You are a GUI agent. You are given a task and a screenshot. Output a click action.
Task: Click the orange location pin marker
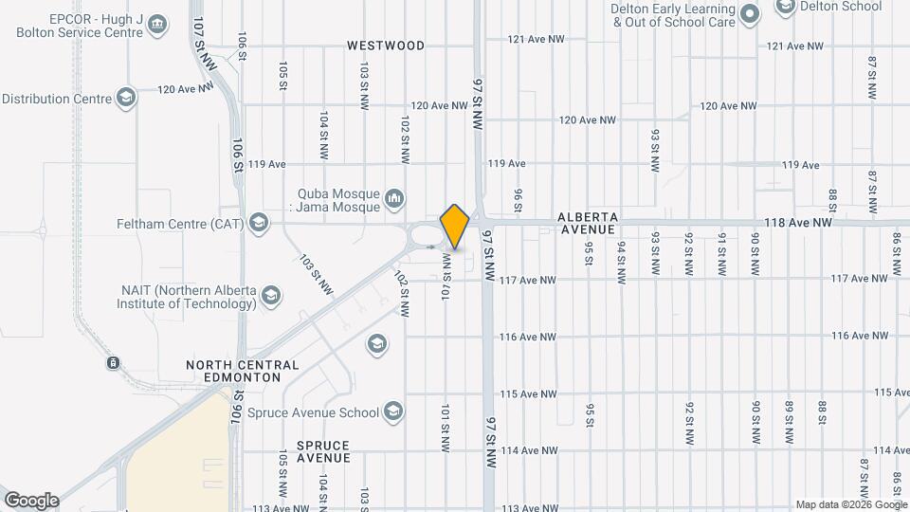[x=455, y=226]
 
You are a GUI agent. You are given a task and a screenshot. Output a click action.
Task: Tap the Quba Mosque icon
[x=394, y=199]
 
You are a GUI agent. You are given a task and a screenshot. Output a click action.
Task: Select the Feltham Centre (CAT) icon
[x=258, y=224]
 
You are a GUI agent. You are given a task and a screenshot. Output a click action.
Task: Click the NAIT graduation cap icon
[x=271, y=297]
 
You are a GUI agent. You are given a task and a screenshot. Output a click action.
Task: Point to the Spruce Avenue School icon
[x=393, y=411]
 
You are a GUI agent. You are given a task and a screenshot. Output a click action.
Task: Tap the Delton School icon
[x=785, y=7]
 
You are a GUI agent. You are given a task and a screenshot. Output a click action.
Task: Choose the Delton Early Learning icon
[x=750, y=13]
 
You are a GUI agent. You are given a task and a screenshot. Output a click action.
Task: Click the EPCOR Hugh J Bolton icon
[x=157, y=24]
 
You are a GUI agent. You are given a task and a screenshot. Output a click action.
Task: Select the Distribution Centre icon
[x=125, y=98]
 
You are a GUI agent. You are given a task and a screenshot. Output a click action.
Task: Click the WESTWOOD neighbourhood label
[x=386, y=45]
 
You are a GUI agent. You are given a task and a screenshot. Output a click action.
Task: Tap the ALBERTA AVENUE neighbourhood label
[x=588, y=223]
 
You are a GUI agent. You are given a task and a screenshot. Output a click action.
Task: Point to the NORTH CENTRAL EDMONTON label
[x=243, y=371]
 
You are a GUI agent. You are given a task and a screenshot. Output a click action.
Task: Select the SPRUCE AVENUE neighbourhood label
[x=323, y=451]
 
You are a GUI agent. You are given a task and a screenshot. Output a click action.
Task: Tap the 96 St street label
[x=519, y=200]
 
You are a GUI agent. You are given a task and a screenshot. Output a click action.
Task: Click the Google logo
[x=31, y=501]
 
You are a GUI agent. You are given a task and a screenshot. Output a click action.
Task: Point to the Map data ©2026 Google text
[x=850, y=504]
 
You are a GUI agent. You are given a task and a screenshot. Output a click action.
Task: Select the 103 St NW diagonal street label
[x=315, y=274]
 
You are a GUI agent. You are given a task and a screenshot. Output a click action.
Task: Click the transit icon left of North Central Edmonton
[x=113, y=363]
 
